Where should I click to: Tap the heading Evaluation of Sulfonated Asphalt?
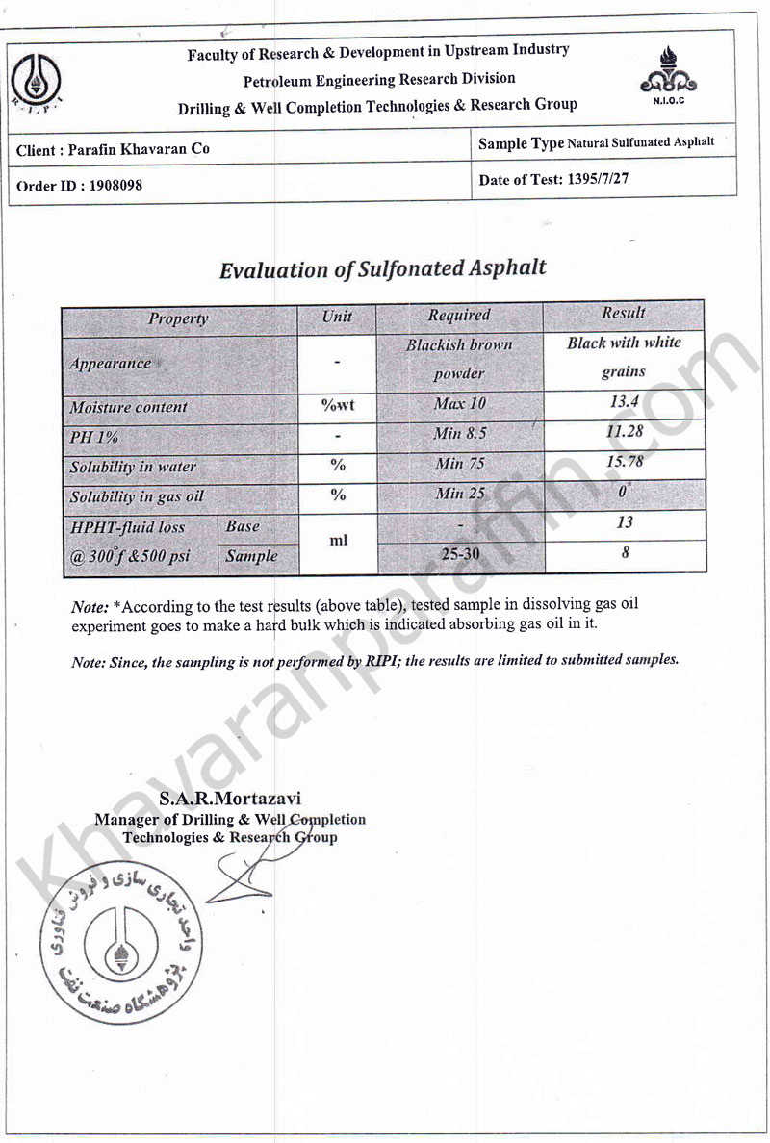pos(382,268)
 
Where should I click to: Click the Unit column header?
pos(337,317)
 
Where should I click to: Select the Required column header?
pos(459,315)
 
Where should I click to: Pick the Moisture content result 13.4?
pos(624,402)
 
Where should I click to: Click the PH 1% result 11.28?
pos(624,431)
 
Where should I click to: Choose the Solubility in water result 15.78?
pos(624,462)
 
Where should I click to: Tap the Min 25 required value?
pos(460,494)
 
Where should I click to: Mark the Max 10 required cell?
pos(459,404)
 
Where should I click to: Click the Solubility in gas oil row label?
pos(137,497)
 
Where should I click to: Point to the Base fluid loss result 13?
pos(624,522)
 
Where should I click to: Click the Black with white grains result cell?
pos(624,357)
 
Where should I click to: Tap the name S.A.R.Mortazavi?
pos(230,799)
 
